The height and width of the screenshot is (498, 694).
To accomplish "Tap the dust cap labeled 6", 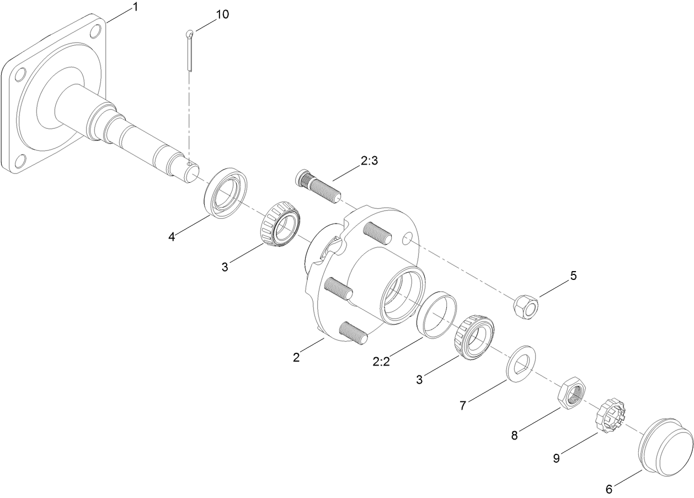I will [x=666, y=446].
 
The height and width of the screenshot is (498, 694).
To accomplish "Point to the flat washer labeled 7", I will [x=522, y=362].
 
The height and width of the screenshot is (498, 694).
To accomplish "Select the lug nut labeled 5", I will [x=526, y=305].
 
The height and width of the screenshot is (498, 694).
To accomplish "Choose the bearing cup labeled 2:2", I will [x=438, y=314].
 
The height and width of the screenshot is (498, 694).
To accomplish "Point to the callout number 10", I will [x=222, y=14].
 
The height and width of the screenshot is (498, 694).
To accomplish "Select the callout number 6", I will [x=609, y=489].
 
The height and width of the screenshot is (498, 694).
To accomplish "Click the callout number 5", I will [x=574, y=276].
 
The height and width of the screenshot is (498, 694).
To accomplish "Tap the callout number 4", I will [x=172, y=237].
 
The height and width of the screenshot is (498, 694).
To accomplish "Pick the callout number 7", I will [x=463, y=406].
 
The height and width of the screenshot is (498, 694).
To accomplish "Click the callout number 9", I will [x=557, y=457].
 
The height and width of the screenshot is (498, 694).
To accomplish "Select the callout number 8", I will [x=514, y=435].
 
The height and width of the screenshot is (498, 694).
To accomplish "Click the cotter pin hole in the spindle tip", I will [x=189, y=164].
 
